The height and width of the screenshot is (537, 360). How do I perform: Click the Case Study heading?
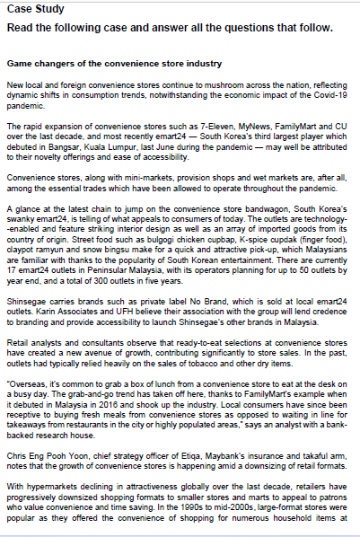pyautogui.click(x=31, y=8)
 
